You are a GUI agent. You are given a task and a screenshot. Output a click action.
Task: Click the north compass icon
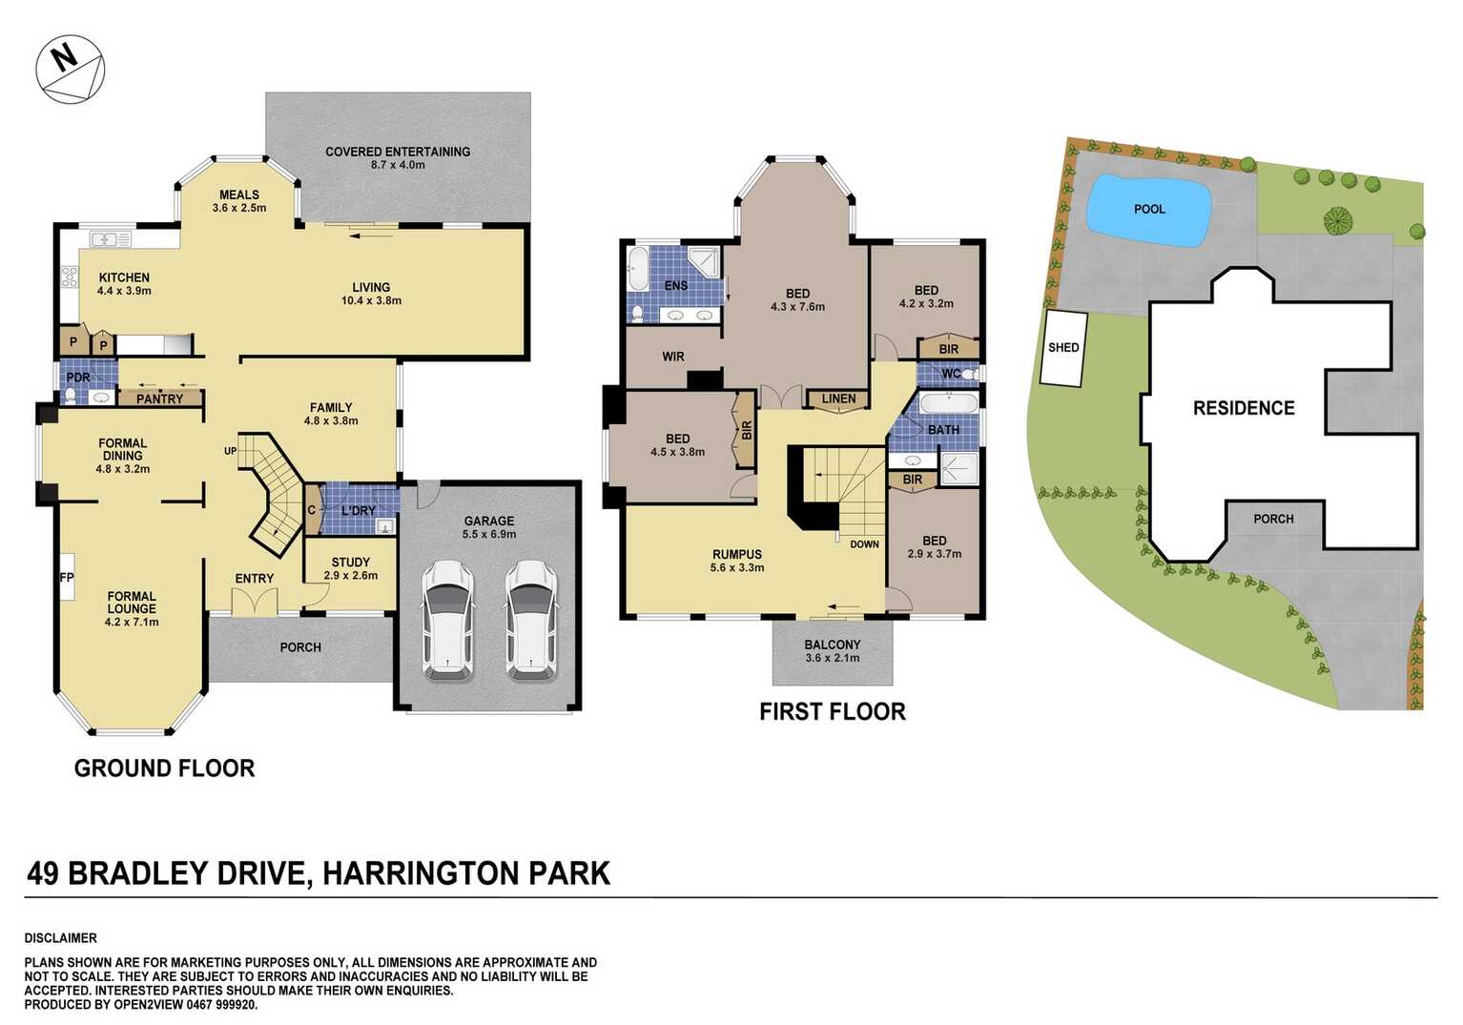click(70, 70)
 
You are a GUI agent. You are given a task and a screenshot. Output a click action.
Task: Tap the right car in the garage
click(531, 620)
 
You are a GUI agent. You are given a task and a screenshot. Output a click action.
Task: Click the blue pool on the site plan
click(1148, 210)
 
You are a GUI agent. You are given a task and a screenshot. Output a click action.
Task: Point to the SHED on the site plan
click(1063, 348)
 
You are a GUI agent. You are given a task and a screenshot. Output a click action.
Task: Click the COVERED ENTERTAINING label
click(398, 152)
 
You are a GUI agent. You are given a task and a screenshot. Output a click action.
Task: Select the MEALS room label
click(239, 195)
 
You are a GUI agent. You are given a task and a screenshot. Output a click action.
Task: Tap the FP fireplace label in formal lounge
click(67, 578)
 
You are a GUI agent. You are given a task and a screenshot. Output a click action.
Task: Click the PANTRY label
click(159, 399)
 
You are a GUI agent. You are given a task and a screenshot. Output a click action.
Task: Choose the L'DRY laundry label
click(359, 511)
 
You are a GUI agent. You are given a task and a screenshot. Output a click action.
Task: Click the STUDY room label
click(351, 563)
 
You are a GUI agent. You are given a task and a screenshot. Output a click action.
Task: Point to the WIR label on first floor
click(673, 357)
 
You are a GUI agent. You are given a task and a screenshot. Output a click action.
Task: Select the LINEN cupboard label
click(838, 399)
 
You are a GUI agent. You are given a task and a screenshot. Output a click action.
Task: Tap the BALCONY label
click(832, 645)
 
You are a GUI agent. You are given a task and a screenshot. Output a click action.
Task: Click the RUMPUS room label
click(737, 554)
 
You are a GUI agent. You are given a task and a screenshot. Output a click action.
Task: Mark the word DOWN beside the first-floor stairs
click(864, 544)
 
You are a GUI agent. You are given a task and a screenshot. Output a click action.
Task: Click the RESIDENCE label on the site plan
click(1244, 408)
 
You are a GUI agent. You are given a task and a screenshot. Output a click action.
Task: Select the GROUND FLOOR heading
click(164, 769)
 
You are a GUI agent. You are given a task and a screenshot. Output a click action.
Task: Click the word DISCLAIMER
click(61, 938)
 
